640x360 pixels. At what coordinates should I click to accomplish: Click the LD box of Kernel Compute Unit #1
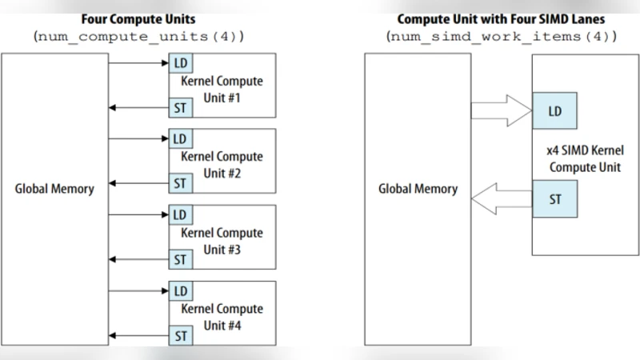[179, 62]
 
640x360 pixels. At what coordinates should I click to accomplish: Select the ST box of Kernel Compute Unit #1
[179, 107]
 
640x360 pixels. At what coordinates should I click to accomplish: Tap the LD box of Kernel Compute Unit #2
[179, 138]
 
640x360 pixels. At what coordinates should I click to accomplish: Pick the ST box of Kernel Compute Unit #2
[179, 183]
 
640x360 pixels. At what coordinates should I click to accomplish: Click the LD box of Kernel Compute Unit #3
[179, 214]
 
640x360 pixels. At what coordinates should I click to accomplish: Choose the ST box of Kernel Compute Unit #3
[179, 259]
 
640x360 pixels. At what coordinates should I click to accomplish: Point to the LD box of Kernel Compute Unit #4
[179, 290]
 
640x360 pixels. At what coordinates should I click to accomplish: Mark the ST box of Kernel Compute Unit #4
[179, 335]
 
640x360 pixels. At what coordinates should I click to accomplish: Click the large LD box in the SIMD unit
[554, 111]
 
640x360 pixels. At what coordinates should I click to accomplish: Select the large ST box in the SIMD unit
[554, 199]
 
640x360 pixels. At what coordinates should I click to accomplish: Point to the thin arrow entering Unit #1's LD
[138, 62]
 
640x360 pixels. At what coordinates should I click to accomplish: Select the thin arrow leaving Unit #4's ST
[138, 335]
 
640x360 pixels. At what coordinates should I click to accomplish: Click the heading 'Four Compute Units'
[138, 18]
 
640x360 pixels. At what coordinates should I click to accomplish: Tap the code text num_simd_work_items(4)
[502, 38]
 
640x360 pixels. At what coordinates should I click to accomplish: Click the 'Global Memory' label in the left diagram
[54, 190]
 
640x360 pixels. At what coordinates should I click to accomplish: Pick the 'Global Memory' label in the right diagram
[418, 190]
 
